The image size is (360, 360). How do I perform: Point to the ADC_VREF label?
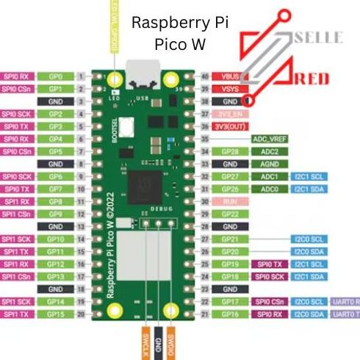[267, 139]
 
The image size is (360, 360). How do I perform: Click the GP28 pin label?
[228, 151]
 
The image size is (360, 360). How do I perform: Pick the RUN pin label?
[228, 201]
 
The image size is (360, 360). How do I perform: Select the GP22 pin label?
[228, 214]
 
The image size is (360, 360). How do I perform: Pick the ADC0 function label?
[267, 189]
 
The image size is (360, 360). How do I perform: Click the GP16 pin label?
[228, 314]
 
